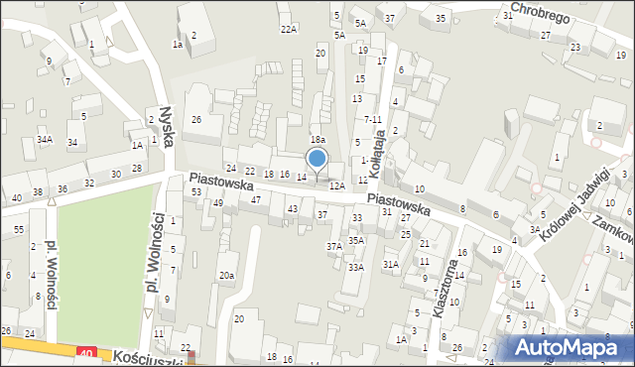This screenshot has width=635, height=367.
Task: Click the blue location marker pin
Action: [x=317, y=160]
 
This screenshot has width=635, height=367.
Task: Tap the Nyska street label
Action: [x=167, y=127]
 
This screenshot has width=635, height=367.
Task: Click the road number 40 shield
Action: [x=87, y=352]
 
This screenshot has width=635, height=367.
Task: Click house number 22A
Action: [x=288, y=30]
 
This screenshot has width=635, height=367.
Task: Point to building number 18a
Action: [x=317, y=141]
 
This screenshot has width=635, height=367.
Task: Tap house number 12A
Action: [x=336, y=185]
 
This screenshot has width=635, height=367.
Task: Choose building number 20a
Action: [x=227, y=275]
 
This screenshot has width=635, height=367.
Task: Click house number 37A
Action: [x=334, y=246]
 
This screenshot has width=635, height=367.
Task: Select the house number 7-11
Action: [x=372, y=119]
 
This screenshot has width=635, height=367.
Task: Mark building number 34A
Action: [x=45, y=140]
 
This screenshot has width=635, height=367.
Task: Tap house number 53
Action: [x=196, y=191]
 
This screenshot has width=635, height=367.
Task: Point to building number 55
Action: [x=19, y=229]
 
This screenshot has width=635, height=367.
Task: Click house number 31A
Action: [x=391, y=263]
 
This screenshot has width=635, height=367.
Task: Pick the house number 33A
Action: [x=355, y=267]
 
